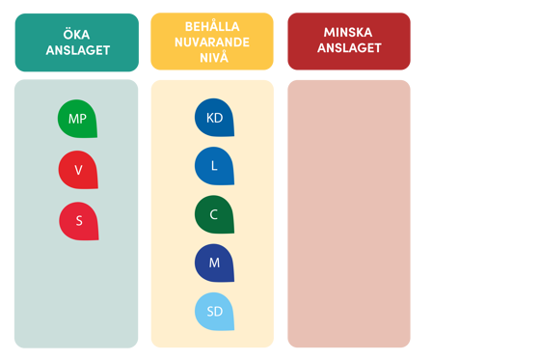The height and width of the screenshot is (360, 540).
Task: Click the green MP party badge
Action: pos(77,119)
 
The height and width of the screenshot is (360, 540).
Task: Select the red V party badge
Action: pos(78,170)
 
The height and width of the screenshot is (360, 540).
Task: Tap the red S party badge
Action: pos(78,221)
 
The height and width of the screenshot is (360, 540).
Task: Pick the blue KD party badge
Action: pos(214,118)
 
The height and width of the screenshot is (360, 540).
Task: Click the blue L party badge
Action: pos(214,166)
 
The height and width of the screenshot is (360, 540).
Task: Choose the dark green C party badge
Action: pos(214,214)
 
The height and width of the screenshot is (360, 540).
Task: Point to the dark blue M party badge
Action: pos(214,263)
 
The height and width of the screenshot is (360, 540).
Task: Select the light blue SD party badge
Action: pos(214,311)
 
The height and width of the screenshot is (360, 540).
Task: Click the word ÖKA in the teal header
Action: pos(77,34)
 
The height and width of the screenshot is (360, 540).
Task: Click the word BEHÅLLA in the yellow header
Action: pos(212,26)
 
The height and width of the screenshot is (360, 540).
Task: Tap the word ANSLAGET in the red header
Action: pos(348,48)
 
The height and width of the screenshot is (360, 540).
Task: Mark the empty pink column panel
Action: pos(348,212)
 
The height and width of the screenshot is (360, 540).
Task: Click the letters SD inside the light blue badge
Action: pos(214,312)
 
